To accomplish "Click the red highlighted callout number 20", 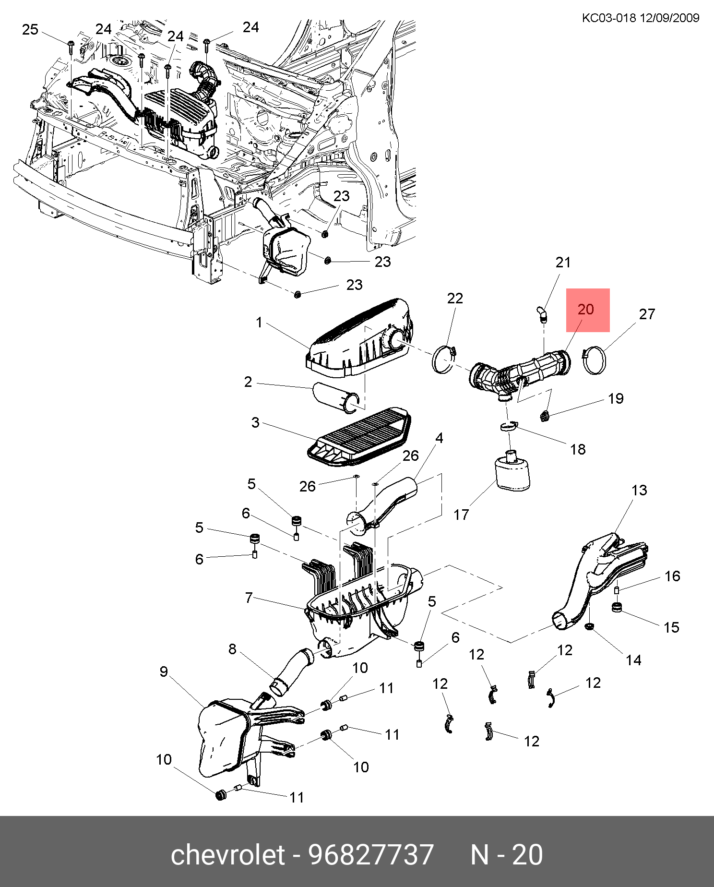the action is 586,309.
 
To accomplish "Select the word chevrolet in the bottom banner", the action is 228,855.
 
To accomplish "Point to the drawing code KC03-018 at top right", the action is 609,18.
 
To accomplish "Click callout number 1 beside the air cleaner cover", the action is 259,322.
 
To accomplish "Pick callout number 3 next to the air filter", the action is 255,422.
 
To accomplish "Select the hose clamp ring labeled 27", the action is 594,361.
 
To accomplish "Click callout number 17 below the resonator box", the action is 461,515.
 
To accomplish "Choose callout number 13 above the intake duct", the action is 640,490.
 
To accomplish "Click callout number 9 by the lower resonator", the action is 164,671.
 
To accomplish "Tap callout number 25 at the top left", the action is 30,29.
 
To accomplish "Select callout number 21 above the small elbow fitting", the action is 563,262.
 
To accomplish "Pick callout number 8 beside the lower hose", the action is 232,649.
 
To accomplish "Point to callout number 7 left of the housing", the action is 249,597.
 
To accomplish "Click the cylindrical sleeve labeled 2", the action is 336,397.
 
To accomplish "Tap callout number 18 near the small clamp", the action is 578,449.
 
